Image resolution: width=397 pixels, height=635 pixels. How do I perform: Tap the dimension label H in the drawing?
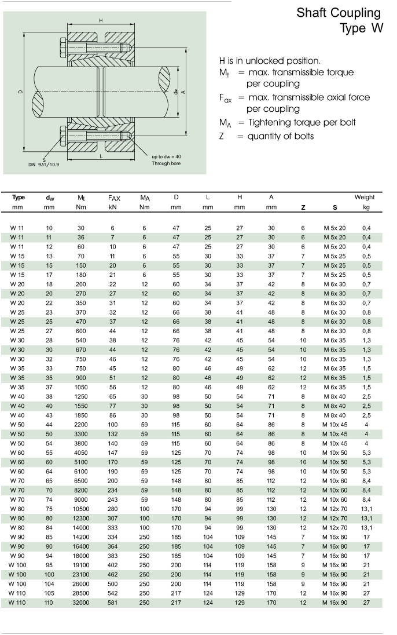[101, 21]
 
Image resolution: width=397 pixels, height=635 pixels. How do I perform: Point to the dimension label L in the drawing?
[101, 156]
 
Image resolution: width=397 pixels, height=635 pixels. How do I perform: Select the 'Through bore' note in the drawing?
[166, 164]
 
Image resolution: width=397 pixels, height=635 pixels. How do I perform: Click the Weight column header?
[365, 197]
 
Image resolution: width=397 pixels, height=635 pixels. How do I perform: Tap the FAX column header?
[113, 198]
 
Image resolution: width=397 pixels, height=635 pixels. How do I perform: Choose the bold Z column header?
[303, 207]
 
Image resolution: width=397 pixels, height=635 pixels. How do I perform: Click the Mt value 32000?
[81, 603]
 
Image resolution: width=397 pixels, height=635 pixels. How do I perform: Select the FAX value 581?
[113, 603]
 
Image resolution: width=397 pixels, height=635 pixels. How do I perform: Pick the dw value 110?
[49, 603]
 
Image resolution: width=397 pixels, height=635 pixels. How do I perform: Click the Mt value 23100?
[81, 574]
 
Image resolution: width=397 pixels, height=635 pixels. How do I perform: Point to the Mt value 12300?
[81, 518]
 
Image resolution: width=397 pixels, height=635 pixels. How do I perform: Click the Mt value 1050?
[81, 387]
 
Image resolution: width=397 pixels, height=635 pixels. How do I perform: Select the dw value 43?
[49, 415]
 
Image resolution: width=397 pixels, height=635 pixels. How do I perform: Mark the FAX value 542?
[113, 593]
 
